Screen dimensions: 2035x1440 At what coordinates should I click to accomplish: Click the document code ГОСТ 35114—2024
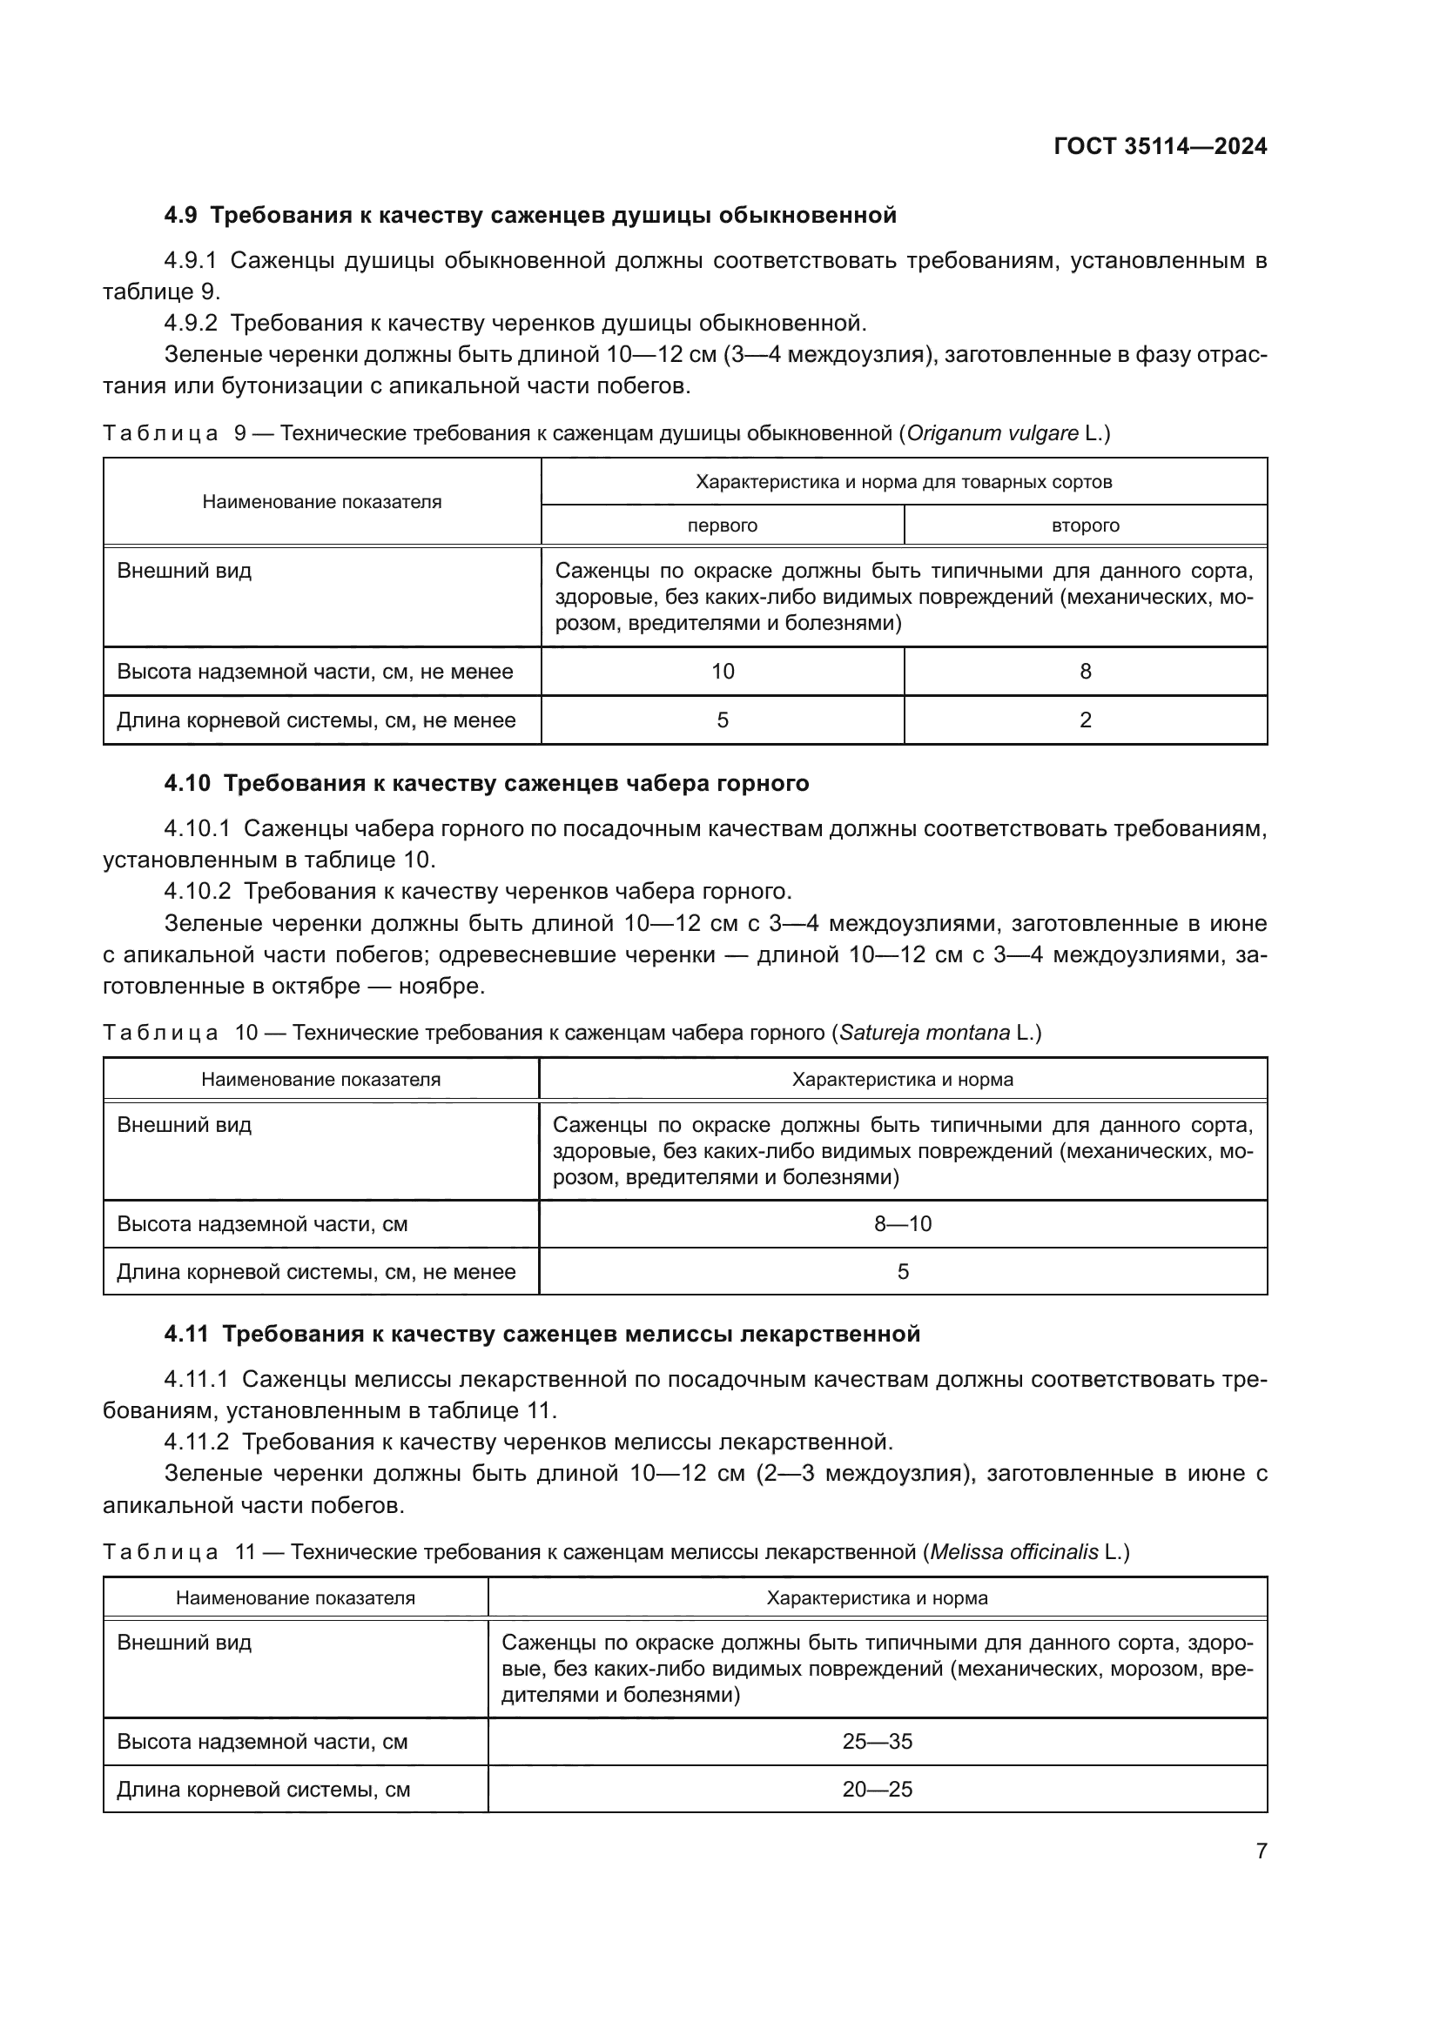click(x=1160, y=147)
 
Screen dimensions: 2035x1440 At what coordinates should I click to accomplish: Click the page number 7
click(x=1261, y=1851)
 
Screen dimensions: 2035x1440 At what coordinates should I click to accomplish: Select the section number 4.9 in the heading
click(x=181, y=216)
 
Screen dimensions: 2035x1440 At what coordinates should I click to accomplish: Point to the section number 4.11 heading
click(x=186, y=1334)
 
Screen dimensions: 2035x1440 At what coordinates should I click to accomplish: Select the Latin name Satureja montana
click(x=924, y=1033)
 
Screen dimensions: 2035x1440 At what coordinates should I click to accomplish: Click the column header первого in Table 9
click(x=722, y=525)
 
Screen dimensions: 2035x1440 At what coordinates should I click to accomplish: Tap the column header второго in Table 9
click(x=1085, y=525)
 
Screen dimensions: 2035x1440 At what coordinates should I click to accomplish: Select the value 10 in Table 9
click(x=722, y=672)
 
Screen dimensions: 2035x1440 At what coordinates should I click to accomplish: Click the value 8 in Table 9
click(x=1085, y=672)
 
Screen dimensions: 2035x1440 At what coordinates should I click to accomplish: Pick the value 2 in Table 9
click(x=1085, y=720)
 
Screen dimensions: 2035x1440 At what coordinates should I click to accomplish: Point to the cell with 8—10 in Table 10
click(x=902, y=1224)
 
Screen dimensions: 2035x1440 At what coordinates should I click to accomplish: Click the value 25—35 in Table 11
click(x=876, y=1742)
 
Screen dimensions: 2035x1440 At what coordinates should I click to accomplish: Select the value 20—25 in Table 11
click(x=876, y=1790)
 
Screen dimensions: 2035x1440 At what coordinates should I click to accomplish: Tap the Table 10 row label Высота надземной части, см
click(x=261, y=1224)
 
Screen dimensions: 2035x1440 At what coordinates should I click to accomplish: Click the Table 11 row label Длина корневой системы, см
click(x=263, y=1790)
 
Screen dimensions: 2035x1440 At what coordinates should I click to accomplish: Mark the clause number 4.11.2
click(x=196, y=1442)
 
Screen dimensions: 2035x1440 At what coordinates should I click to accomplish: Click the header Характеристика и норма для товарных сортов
click(x=903, y=482)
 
